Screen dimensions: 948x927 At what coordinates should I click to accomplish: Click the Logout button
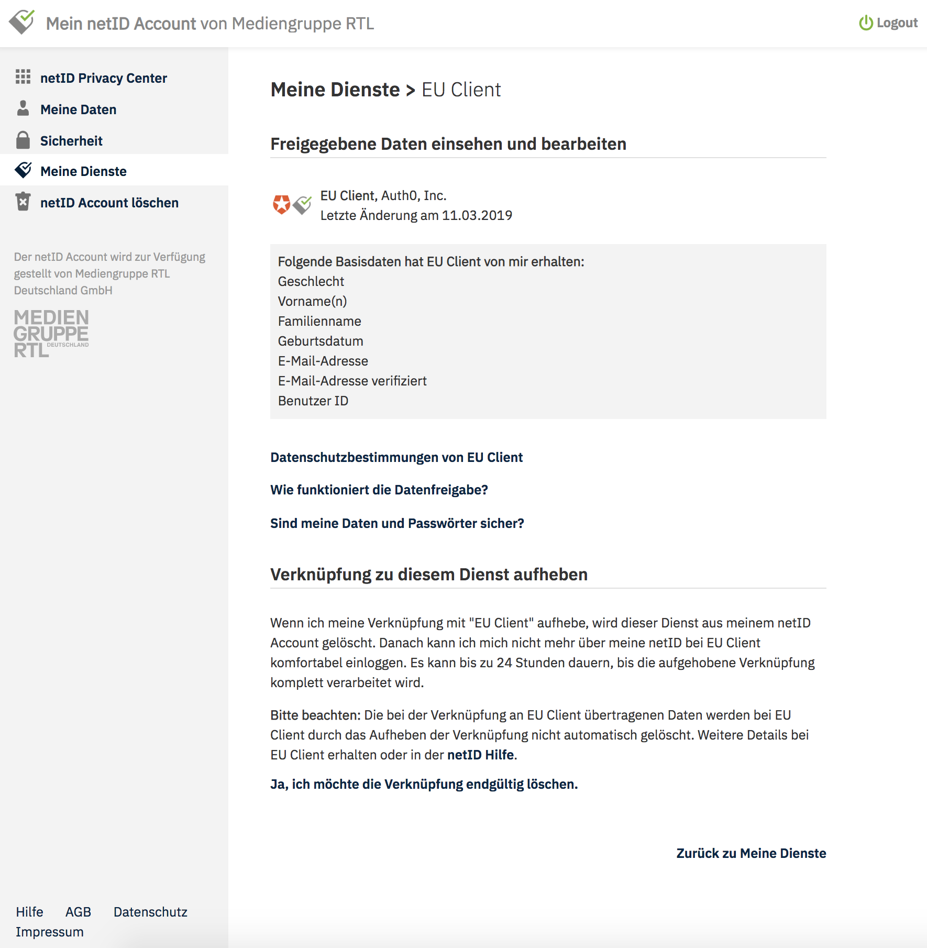(888, 23)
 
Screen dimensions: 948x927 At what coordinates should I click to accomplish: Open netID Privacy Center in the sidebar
(103, 78)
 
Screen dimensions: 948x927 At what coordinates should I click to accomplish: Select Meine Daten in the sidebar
(78, 109)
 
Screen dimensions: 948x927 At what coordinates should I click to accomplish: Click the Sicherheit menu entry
(71, 141)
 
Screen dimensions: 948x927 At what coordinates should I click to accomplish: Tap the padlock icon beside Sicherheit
(23, 140)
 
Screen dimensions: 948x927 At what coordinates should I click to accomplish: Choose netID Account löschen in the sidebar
(109, 203)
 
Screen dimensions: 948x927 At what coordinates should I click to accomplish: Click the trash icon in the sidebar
(23, 202)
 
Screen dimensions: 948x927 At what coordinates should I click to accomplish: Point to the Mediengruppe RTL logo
(51, 333)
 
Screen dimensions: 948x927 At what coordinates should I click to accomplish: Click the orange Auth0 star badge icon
(282, 204)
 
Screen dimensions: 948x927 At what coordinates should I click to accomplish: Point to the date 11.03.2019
(477, 215)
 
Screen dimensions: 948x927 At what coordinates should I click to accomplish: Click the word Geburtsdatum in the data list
(321, 341)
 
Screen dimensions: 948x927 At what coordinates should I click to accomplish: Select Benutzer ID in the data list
(313, 401)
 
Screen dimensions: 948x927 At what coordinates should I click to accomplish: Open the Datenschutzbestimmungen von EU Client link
(396, 457)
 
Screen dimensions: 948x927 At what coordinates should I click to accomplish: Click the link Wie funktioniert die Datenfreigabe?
(379, 490)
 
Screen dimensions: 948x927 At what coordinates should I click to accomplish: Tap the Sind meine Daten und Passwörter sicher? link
(397, 523)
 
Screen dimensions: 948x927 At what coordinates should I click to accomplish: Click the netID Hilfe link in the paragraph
(480, 755)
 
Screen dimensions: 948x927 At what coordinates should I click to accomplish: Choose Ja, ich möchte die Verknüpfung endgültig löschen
(424, 784)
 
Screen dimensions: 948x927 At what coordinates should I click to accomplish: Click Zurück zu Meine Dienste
(751, 853)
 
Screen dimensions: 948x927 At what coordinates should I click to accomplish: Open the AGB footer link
(78, 912)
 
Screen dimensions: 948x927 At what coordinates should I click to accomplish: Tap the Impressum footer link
(50, 932)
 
